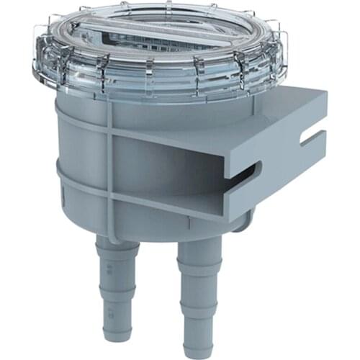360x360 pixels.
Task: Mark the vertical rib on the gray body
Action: [110, 166]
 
